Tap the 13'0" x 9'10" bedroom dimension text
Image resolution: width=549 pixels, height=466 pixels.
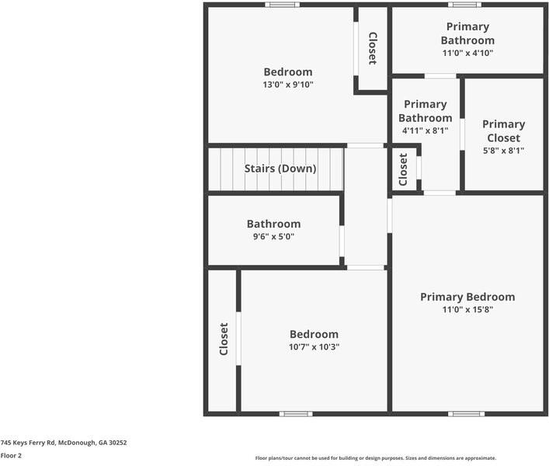(287, 85)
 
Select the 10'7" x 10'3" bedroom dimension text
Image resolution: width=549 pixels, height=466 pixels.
(314, 347)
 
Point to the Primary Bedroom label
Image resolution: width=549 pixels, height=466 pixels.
(467, 297)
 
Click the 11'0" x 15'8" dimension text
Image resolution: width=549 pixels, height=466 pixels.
(467, 309)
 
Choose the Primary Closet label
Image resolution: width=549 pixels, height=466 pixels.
(503, 130)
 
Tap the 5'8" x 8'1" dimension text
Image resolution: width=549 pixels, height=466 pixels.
(503, 151)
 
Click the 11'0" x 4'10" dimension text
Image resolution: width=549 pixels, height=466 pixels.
(467, 53)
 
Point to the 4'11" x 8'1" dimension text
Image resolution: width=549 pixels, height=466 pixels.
(425, 131)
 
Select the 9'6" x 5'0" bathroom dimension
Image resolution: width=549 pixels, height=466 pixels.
(273, 236)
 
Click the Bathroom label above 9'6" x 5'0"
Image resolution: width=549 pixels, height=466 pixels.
(273, 224)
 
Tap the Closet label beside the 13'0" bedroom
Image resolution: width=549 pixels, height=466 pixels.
(373, 48)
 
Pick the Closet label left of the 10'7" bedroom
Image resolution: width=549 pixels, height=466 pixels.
(224, 339)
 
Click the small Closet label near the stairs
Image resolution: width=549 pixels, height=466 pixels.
(403, 169)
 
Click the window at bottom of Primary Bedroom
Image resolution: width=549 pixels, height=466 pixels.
(467, 413)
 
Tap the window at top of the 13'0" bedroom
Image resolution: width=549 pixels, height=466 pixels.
(282, 5)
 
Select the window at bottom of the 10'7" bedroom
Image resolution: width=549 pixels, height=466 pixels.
(296, 413)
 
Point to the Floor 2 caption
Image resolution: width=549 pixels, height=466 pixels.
(11, 456)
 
